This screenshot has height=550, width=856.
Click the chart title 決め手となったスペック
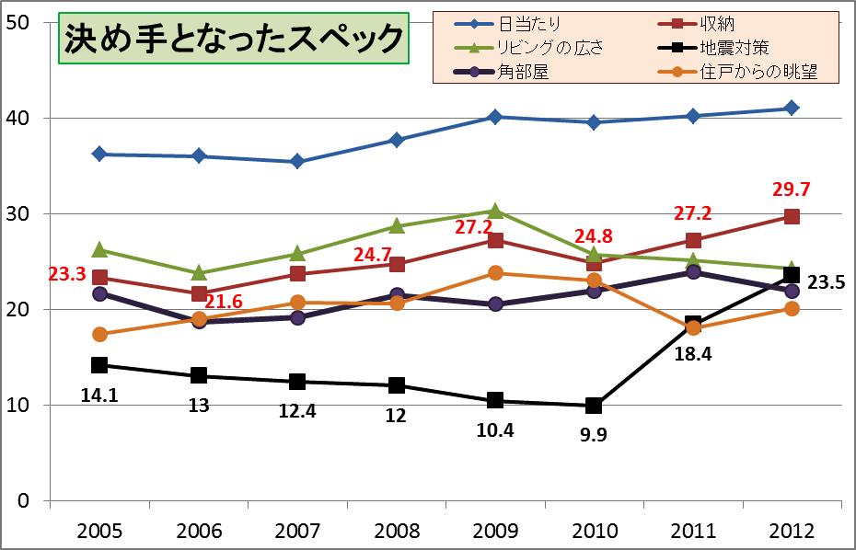pyautogui.click(x=234, y=39)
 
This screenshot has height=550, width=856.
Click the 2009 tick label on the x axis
pyautogui.click(x=495, y=532)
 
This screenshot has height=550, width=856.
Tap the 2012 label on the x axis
pyautogui.click(x=791, y=532)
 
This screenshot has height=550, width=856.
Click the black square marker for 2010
pyautogui.click(x=594, y=406)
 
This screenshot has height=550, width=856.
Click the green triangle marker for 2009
pyautogui.click(x=495, y=211)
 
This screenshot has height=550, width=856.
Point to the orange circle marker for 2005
pyautogui.click(x=100, y=334)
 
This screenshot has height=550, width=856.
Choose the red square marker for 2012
pyautogui.click(x=791, y=216)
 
